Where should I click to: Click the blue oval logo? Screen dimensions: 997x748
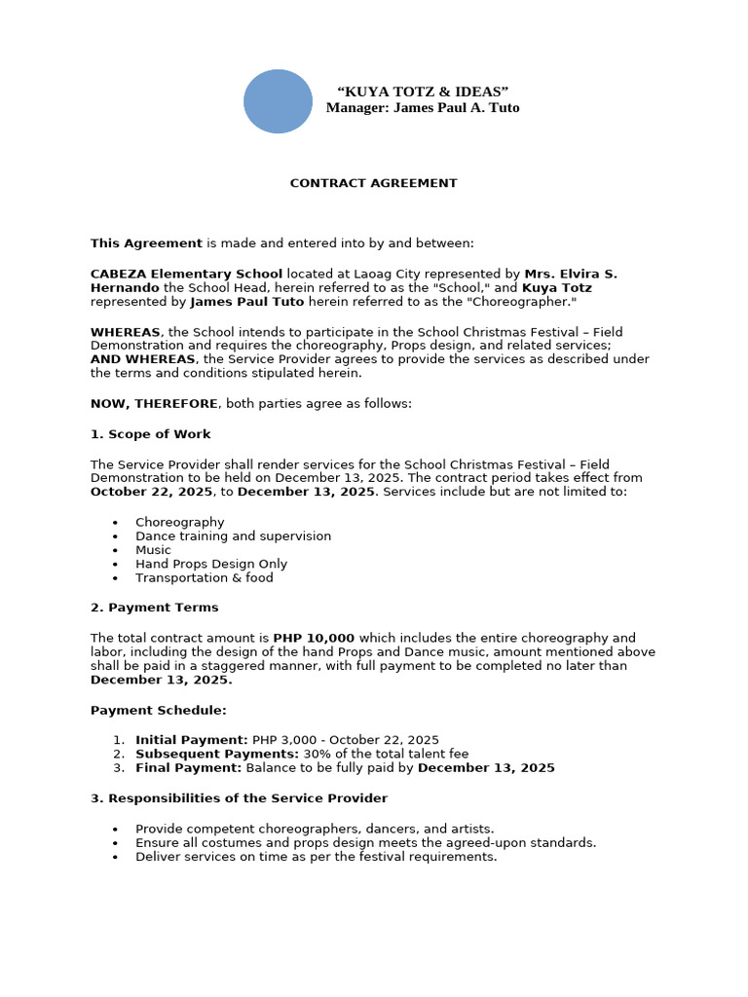(278, 101)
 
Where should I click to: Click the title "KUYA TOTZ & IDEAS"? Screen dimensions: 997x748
(423, 92)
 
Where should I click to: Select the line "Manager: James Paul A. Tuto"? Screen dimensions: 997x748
(423, 108)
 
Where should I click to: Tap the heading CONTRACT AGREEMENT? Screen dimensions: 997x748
(373, 183)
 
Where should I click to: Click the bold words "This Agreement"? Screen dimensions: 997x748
(146, 243)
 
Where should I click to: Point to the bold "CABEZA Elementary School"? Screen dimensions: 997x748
(186, 275)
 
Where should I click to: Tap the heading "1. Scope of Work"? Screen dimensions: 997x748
(150, 434)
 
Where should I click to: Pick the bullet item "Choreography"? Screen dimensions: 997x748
(179, 523)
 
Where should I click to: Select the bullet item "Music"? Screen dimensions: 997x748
(153, 550)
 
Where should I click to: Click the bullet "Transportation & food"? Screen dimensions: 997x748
(205, 578)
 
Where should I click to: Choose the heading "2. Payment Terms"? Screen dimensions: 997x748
(154, 608)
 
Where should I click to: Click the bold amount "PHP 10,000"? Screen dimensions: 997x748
(314, 639)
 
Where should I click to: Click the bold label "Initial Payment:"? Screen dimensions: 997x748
(191, 740)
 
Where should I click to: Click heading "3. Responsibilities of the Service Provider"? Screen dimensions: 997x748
(239, 798)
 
